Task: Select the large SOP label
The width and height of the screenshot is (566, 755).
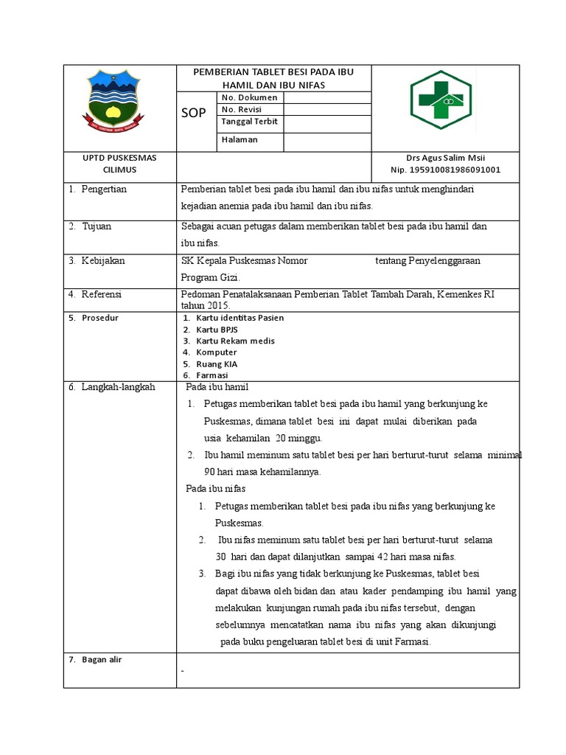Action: [194, 113]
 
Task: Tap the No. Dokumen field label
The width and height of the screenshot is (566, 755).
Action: [248, 97]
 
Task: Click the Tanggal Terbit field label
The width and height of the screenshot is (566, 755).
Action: [249, 122]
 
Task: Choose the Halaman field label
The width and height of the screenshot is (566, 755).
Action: [239, 140]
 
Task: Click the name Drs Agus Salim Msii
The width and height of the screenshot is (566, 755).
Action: [446, 158]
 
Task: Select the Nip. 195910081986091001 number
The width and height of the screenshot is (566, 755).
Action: [445, 170]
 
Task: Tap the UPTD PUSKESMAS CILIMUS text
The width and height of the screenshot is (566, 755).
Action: [119, 164]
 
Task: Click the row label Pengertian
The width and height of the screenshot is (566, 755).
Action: [104, 189]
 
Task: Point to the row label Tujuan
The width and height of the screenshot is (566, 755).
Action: [96, 226]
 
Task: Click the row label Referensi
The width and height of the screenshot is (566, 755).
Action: [101, 294]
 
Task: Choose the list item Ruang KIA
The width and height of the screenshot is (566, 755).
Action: [217, 363]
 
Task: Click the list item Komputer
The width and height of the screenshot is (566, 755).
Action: [217, 352]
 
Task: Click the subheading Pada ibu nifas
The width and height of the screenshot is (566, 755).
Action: [215, 489]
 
